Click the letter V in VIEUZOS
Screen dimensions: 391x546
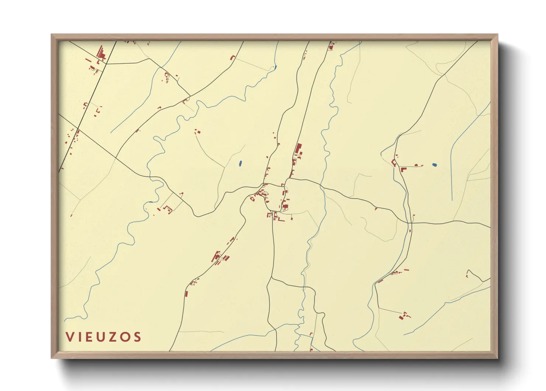(69, 337)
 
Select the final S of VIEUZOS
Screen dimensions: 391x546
(137, 337)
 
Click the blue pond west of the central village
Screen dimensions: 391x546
(240, 163)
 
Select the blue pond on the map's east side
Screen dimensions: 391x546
(434, 164)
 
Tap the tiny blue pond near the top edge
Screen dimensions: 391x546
(275, 67)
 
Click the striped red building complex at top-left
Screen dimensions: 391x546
(101, 54)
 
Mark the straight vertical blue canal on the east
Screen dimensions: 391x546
(452, 174)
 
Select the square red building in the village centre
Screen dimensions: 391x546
(285, 206)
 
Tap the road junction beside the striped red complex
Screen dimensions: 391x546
(107, 64)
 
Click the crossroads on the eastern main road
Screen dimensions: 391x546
(411, 223)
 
